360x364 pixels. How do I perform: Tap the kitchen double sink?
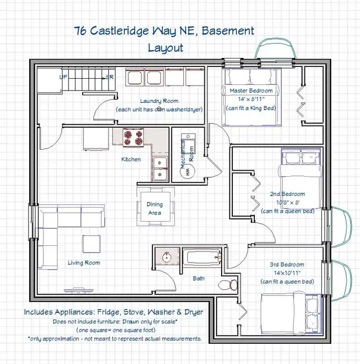coord(160,168)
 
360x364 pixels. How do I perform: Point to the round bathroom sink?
coord(166,258)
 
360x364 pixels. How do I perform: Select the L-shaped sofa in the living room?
coord(53,231)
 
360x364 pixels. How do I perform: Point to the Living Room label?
coord(84,263)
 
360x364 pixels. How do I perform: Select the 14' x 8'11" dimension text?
coord(250,99)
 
